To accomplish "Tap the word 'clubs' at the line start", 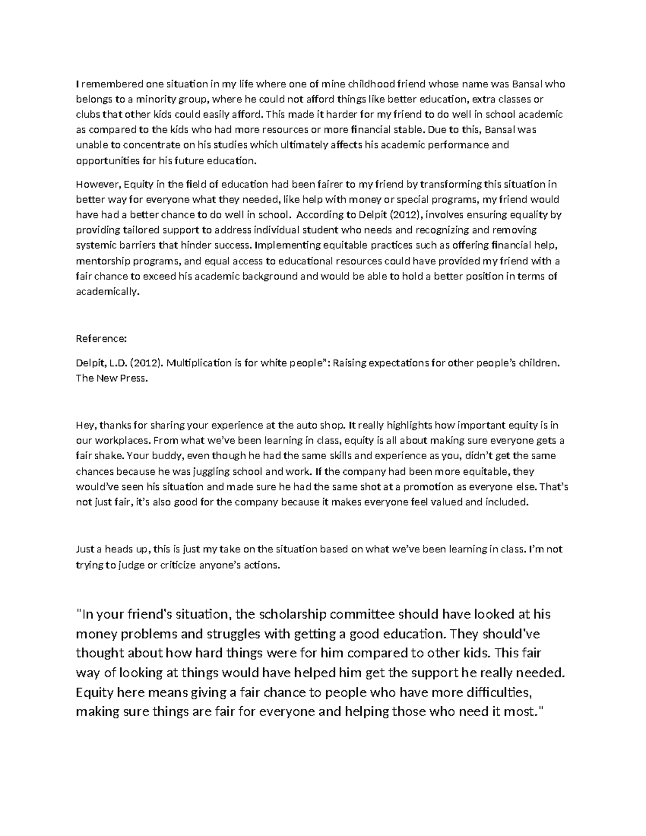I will [x=87, y=114].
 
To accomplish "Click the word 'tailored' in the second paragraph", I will [x=136, y=230].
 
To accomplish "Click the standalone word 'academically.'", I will [x=107, y=292].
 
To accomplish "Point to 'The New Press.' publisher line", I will [x=110, y=378].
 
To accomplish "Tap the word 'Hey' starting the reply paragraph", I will [x=85, y=425].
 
